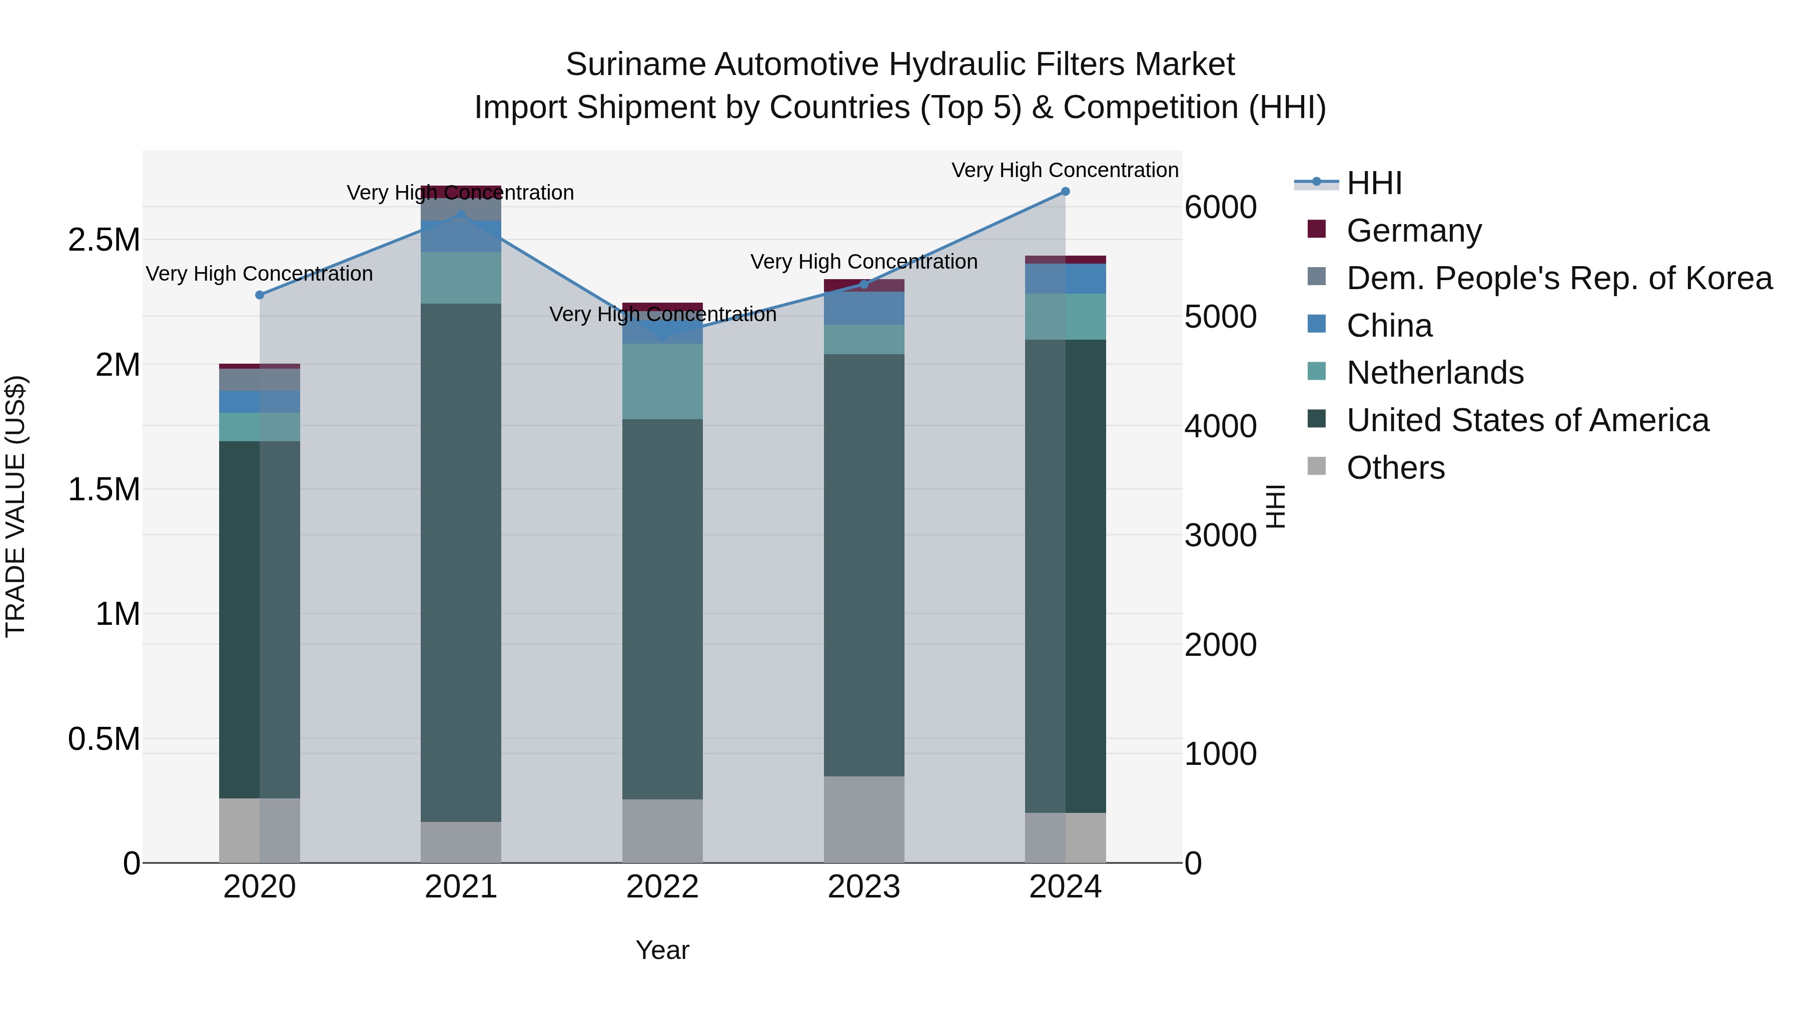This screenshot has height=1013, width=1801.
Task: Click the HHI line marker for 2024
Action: click(x=1065, y=191)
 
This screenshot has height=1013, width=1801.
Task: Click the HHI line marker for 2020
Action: click(x=259, y=295)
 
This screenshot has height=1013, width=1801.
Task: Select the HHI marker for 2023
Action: click(x=863, y=284)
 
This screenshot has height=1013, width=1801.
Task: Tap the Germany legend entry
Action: click(x=1413, y=230)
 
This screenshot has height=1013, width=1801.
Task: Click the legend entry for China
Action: click(x=1388, y=326)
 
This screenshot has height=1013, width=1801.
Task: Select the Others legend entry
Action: click(x=1395, y=468)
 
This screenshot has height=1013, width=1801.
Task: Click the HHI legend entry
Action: click(x=1373, y=183)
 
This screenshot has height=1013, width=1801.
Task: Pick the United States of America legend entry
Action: click(x=1527, y=420)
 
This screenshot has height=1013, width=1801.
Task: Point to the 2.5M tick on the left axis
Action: click(x=104, y=240)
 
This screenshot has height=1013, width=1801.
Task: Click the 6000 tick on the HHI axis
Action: click(x=1220, y=207)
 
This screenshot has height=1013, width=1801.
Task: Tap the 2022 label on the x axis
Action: click(x=662, y=887)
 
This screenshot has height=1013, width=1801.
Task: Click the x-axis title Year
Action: click(x=662, y=950)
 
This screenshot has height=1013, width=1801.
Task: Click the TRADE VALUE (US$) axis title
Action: click(x=16, y=506)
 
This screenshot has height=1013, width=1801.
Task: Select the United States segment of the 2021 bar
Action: click(x=461, y=563)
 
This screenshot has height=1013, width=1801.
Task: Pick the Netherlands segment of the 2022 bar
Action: click(x=662, y=381)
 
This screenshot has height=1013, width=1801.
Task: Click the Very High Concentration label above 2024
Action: click(x=1064, y=170)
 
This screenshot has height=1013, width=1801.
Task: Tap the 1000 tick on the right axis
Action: click(x=1220, y=754)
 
